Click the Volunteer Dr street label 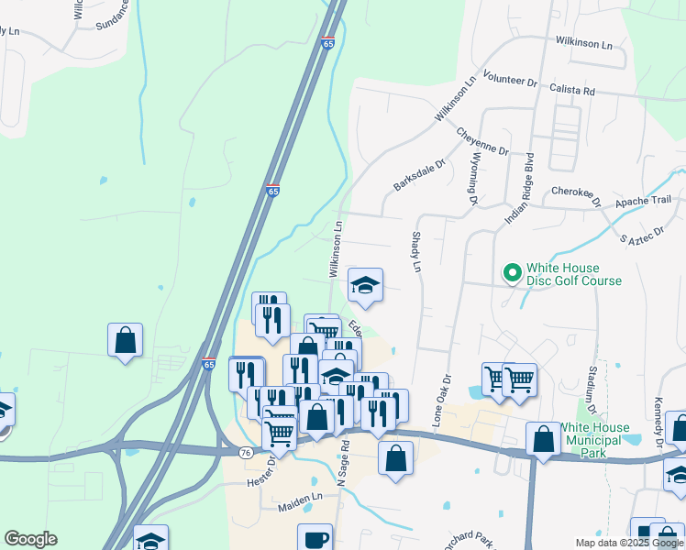coord(510,82)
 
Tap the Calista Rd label coord(573,92)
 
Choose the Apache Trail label coord(643,200)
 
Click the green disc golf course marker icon coord(512,273)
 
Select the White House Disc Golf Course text coord(573,275)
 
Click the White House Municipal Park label coord(607,434)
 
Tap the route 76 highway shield coord(245,453)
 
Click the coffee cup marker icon coord(316,539)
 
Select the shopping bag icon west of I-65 coord(125,340)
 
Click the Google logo coord(30,539)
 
